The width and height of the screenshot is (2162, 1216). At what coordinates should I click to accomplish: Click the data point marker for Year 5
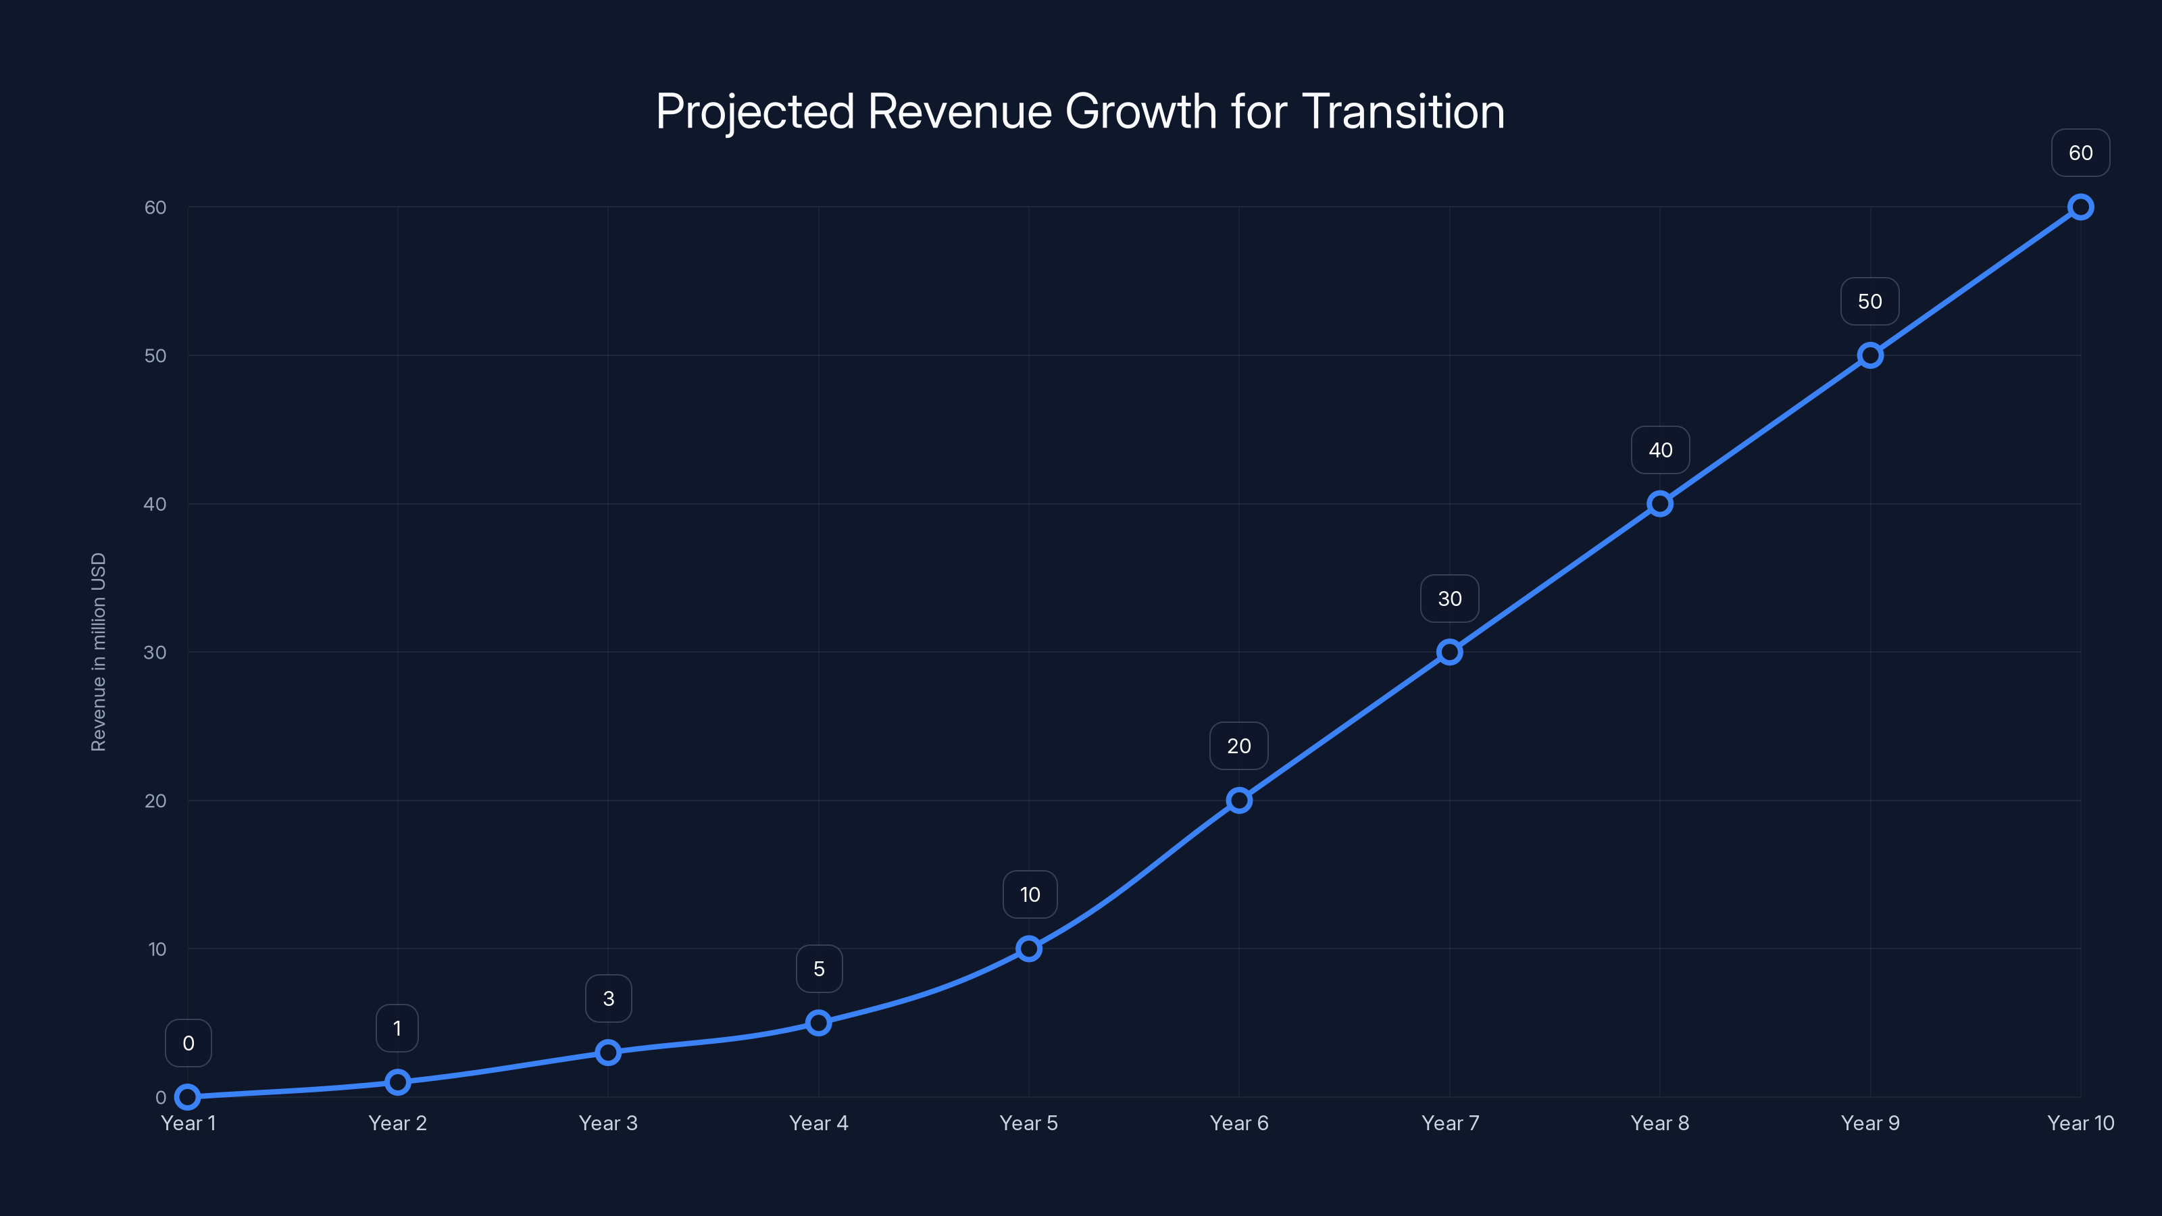[x=1028, y=948]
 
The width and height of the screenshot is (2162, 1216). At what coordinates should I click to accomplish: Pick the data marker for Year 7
[x=1449, y=652]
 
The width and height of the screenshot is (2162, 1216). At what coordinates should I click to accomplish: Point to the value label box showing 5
[x=818, y=969]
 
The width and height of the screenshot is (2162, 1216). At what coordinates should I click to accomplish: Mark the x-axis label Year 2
[x=397, y=1123]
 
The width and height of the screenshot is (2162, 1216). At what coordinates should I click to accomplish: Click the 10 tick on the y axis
[x=157, y=948]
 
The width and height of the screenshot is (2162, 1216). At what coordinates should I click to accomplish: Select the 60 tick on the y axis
[x=155, y=207]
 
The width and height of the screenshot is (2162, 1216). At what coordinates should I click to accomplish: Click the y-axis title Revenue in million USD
[x=98, y=652]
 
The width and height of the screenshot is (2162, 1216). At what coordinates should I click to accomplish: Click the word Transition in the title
[x=1403, y=111]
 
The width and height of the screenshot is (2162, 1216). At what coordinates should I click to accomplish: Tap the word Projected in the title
[x=755, y=111]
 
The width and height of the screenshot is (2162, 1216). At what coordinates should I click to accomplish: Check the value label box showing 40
[x=1659, y=450]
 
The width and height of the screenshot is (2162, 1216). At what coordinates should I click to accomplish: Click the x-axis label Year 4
[x=818, y=1123]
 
